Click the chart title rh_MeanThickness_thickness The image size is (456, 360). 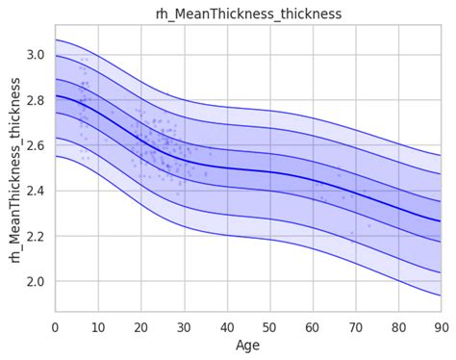[x=248, y=13]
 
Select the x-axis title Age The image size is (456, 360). [x=248, y=345]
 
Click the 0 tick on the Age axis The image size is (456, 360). [x=56, y=325]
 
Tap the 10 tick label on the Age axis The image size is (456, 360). [x=98, y=325]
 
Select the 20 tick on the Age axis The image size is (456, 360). [x=141, y=325]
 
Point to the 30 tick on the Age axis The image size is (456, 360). [x=184, y=325]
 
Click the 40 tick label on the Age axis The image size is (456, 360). [x=227, y=325]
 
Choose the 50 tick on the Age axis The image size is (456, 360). [x=269, y=325]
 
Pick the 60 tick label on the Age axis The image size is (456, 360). [x=313, y=325]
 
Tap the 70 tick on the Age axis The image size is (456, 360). [x=355, y=325]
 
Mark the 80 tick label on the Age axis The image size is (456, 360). [x=398, y=325]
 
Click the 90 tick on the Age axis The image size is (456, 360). [x=441, y=325]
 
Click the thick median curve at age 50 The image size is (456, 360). [x=269, y=172]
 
